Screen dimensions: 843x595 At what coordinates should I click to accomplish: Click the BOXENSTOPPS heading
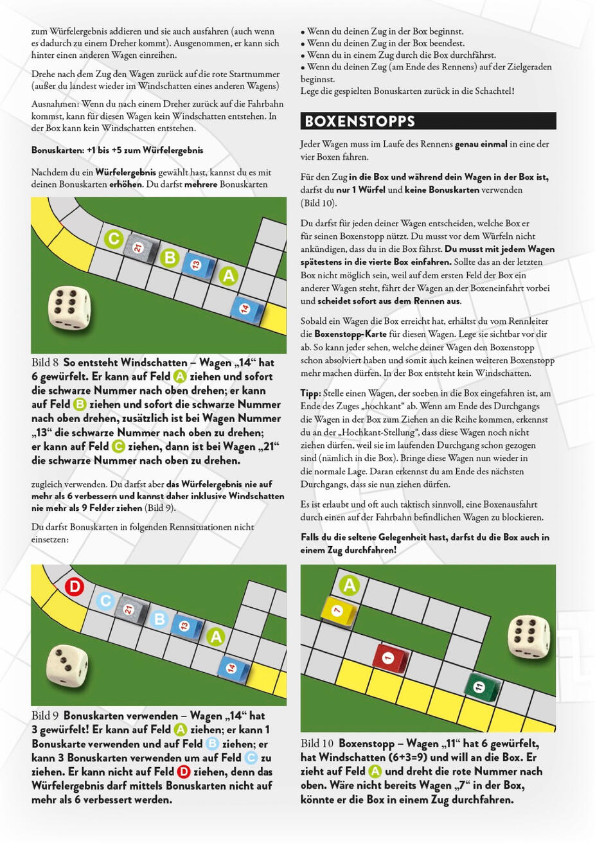(x=360, y=121)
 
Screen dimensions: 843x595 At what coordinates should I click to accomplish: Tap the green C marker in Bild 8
(x=114, y=239)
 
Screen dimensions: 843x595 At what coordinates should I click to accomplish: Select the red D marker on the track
(x=75, y=586)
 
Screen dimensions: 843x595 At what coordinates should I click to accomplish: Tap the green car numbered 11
(x=479, y=687)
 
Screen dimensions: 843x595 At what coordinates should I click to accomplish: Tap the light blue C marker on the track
(x=105, y=601)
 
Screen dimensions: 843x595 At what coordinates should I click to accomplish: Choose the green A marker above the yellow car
(x=350, y=585)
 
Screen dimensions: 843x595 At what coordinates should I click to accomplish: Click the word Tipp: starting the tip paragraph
(x=311, y=393)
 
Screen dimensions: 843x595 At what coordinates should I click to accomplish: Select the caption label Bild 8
(x=45, y=362)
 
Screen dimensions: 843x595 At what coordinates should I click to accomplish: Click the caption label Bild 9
(x=45, y=716)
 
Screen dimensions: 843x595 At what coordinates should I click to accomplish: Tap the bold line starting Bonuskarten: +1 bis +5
(x=117, y=150)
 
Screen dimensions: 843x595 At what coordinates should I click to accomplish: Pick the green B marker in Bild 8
(x=170, y=258)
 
